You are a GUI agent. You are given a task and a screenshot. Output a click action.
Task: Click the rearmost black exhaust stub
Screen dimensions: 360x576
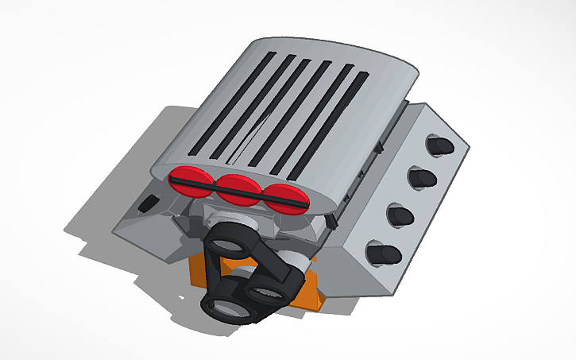tap(440, 145)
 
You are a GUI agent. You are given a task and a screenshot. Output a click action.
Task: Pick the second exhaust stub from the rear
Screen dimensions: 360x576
tap(420, 177)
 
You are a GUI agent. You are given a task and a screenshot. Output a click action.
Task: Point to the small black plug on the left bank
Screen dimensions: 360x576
tap(145, 204)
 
